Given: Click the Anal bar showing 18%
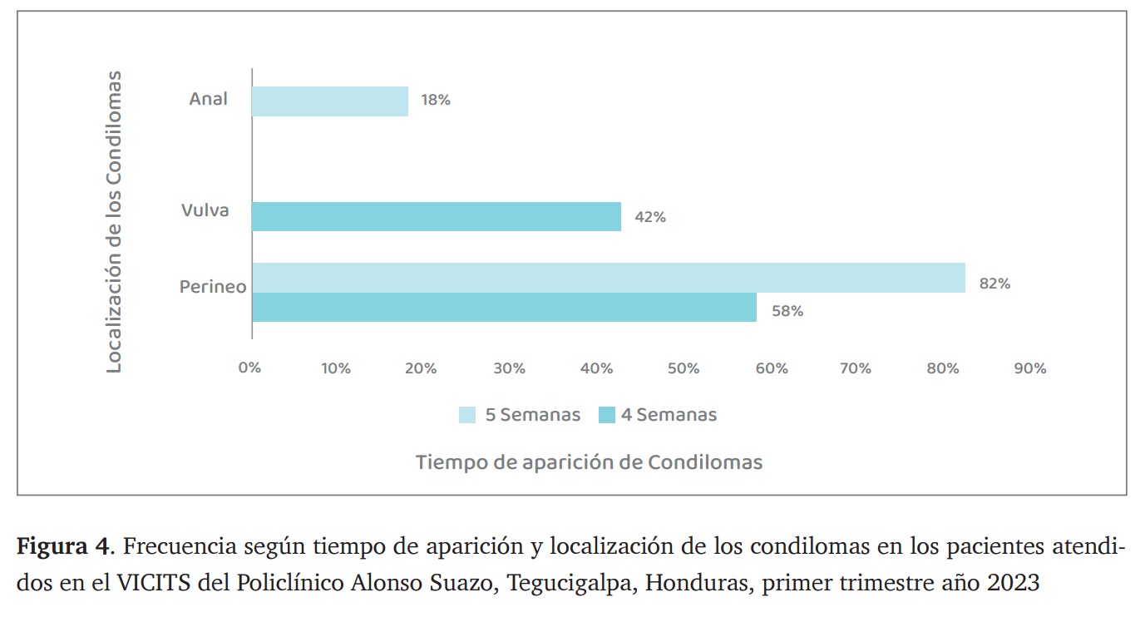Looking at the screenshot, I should tap(330, 101).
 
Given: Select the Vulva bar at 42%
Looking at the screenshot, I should tap(437, 216).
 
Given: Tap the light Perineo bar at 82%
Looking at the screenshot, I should tap(609, 278).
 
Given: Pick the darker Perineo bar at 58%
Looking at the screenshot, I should tap(504, 308).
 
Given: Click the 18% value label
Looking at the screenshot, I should tap(436, 101).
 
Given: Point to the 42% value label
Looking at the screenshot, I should tap(650, 217).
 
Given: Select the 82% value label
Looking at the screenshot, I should tap(994, 284).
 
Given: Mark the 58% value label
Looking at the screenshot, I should tap(787, 311).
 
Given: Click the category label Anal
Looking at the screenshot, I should tap(208, 100).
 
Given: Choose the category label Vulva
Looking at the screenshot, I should tap(205, 210).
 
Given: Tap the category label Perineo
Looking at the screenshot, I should tap(213, 287).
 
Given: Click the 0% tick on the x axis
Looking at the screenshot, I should tap(249, 368).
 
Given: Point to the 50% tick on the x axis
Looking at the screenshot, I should tap(684, 368).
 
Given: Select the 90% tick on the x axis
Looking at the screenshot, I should tap(1030, 368).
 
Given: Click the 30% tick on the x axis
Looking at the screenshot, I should tap(509, 368).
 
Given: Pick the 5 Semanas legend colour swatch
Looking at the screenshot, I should tap(467, 415).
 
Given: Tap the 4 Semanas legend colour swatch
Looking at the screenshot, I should tap(607, 415).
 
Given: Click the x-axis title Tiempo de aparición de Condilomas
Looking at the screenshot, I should tap(589, 462).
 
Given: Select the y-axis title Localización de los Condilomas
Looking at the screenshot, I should tap(114, 221).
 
